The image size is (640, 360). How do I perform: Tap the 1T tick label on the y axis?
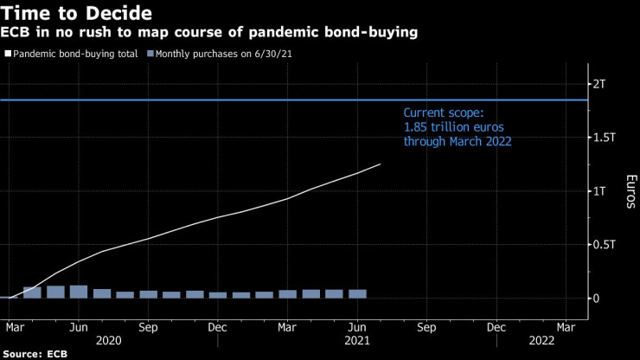point(600,190)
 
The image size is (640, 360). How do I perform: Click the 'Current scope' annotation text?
point(457,126)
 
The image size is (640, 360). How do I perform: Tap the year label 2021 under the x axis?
point(358,342)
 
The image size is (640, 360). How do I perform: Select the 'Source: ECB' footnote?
point(35,353)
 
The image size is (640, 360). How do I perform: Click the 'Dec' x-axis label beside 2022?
point(496,327)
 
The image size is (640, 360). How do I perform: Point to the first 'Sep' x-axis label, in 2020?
point(148,327)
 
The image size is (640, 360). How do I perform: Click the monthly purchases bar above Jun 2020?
point(79,292)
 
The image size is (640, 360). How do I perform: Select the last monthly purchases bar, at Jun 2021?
point(357,293)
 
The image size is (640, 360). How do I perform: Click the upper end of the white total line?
point(380,164)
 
